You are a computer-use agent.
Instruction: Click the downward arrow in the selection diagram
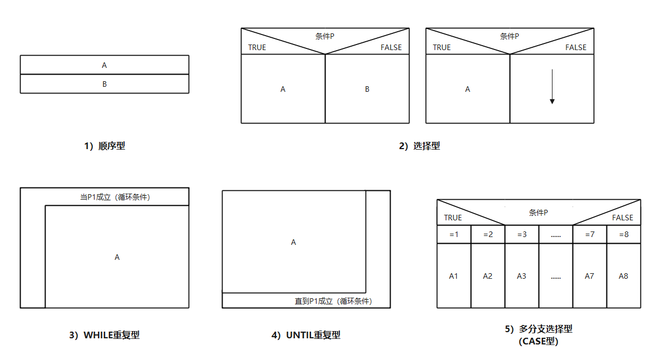(x=552, y=87)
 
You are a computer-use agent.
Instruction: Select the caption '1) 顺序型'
(x=105, y=146)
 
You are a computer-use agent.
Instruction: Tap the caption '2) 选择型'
(x=419, y=146)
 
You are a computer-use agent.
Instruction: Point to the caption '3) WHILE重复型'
(x=104, y=335)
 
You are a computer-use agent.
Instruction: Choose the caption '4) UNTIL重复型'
(x=305, y=335)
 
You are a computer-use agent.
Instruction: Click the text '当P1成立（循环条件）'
(x=115, y=197)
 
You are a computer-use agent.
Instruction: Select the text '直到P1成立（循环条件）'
(x=333, y=301)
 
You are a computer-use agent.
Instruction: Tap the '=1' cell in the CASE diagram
(x=454, y=234)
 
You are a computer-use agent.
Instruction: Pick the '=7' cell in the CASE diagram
(x=589, y=234)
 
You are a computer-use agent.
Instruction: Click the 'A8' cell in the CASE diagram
(x=623, y=276)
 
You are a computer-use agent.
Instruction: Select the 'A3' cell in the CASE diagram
(x=521, y=276)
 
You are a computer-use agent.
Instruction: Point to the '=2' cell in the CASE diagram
(x=487, y=234)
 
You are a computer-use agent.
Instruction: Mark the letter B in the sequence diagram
(x=105, y=84)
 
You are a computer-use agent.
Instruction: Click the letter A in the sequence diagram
(x=105, y=65)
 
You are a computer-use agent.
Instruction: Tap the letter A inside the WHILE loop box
(x=117, y=257)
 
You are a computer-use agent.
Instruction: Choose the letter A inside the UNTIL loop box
(x=294, y=242)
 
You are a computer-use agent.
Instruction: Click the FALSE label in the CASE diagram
(x=623, y=218)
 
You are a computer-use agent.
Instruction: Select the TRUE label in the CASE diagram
(x=453, y=218)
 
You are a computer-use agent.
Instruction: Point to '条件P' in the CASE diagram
(x=538, y=213)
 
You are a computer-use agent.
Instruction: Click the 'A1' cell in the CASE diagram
(x=454, y=276)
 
